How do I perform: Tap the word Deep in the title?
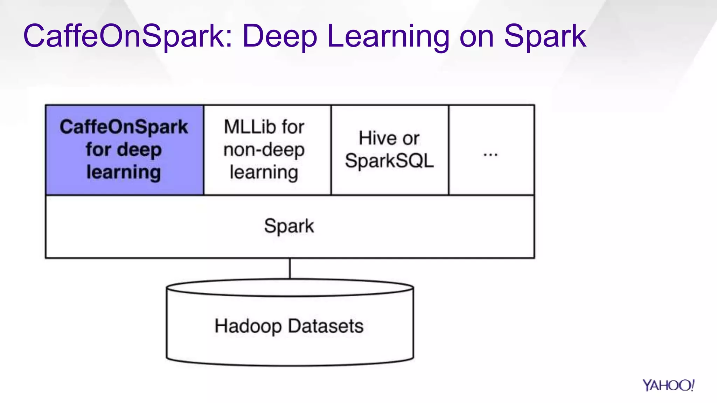(x=279, y=36)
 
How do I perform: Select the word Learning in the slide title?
(x=388, y=36)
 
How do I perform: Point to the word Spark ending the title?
(x=545, y=36)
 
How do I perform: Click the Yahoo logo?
(x=668, y=385)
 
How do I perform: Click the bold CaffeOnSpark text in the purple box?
(x=124, y=127)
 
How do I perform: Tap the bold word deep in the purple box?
(x=139, y=150)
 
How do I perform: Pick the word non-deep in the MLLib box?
(x=264, y=150)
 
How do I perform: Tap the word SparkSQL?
(x=389, y=161)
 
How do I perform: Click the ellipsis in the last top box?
(x=490, y=154)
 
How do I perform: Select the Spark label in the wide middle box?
(x=289, y=226)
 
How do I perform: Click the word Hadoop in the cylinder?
(x=248, y=326)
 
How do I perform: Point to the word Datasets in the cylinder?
(x=326, y=326)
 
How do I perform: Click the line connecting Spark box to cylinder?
(x=290, y=268)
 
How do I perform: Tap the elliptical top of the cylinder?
(x=290, y=288)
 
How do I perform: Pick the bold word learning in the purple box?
(x=124, y=172)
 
